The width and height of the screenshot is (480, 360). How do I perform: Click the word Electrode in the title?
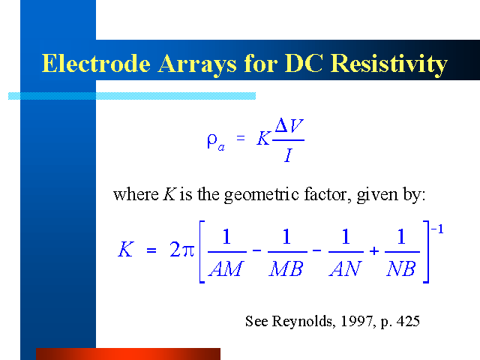[x=96, y=63]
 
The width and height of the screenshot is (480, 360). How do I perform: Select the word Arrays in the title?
[x=197, y=65]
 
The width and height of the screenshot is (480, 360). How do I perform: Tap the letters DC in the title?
[x=304, y=63]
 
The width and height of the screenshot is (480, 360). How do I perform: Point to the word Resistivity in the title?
[x=389, y=64]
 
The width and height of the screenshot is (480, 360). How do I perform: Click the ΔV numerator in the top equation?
[x=289, y=125]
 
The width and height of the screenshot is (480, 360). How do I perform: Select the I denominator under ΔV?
[x=288, y=155]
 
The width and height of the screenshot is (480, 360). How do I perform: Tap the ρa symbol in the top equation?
[x=216, y=142]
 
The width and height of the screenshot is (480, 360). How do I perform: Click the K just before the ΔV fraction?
[x=263, y=139]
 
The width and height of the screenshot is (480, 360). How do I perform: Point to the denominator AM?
[x=226, y=268]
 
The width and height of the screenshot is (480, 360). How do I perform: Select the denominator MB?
[x=286, y=268]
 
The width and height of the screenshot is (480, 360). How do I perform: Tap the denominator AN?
[x=346, y=268]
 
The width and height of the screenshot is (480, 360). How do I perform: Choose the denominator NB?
[x=401, y=268]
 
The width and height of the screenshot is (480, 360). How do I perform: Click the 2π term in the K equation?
[x=181, y=249]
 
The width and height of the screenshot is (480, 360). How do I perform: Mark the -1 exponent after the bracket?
[x=437, y=229]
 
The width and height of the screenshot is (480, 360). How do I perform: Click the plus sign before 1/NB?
[x=374, y=251]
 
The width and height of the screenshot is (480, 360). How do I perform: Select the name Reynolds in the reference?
[x=301, y=322]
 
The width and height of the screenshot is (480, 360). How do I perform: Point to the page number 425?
[x=408, y=321]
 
